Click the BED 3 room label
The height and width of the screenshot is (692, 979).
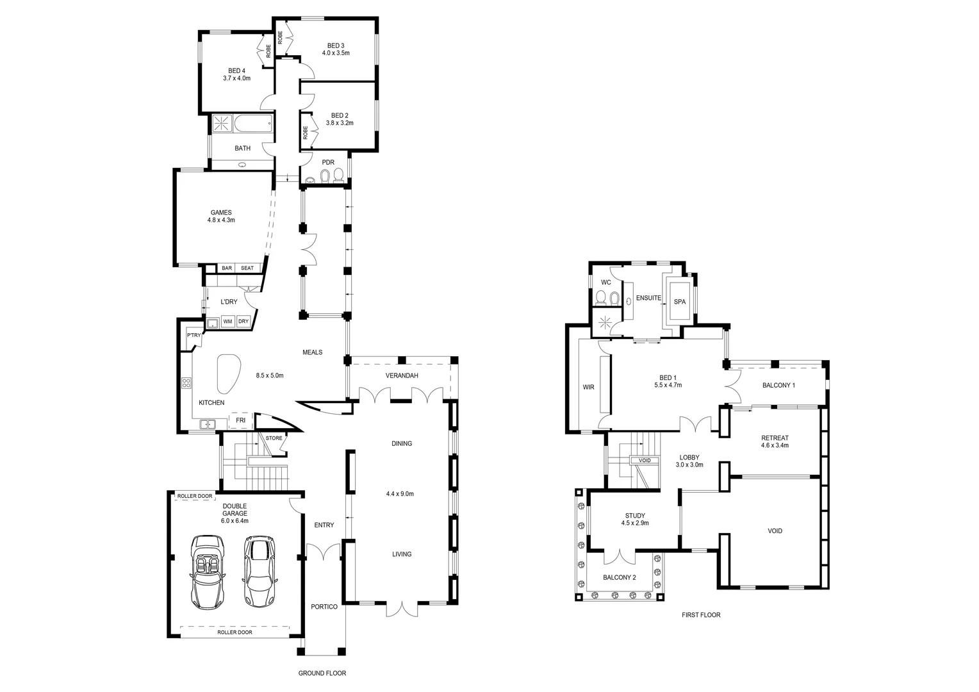point(336,45)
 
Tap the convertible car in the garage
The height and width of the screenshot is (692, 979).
point(206,572)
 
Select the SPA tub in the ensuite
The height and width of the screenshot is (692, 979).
point(679,301)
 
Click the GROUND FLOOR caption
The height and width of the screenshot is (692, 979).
point(322,673)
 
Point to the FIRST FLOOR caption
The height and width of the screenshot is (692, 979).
point(700,615)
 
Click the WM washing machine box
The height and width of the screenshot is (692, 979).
point(227,322)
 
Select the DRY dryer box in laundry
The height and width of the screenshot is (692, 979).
point(243,322)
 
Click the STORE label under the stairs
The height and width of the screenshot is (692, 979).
point(274,438)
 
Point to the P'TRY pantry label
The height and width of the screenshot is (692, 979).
point(193,335)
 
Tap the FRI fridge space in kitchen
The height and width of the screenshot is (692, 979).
point(241,420)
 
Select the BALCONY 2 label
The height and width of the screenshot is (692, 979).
point(620,577)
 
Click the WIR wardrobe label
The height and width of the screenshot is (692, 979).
point(588,387)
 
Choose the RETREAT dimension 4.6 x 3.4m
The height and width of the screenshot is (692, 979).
point(775,445)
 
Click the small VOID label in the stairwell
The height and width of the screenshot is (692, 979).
point(645,461)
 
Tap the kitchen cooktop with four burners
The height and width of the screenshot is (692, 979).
point(186,383)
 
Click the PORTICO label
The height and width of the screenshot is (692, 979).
point(324,607)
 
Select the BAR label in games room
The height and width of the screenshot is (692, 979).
point(227,268)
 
